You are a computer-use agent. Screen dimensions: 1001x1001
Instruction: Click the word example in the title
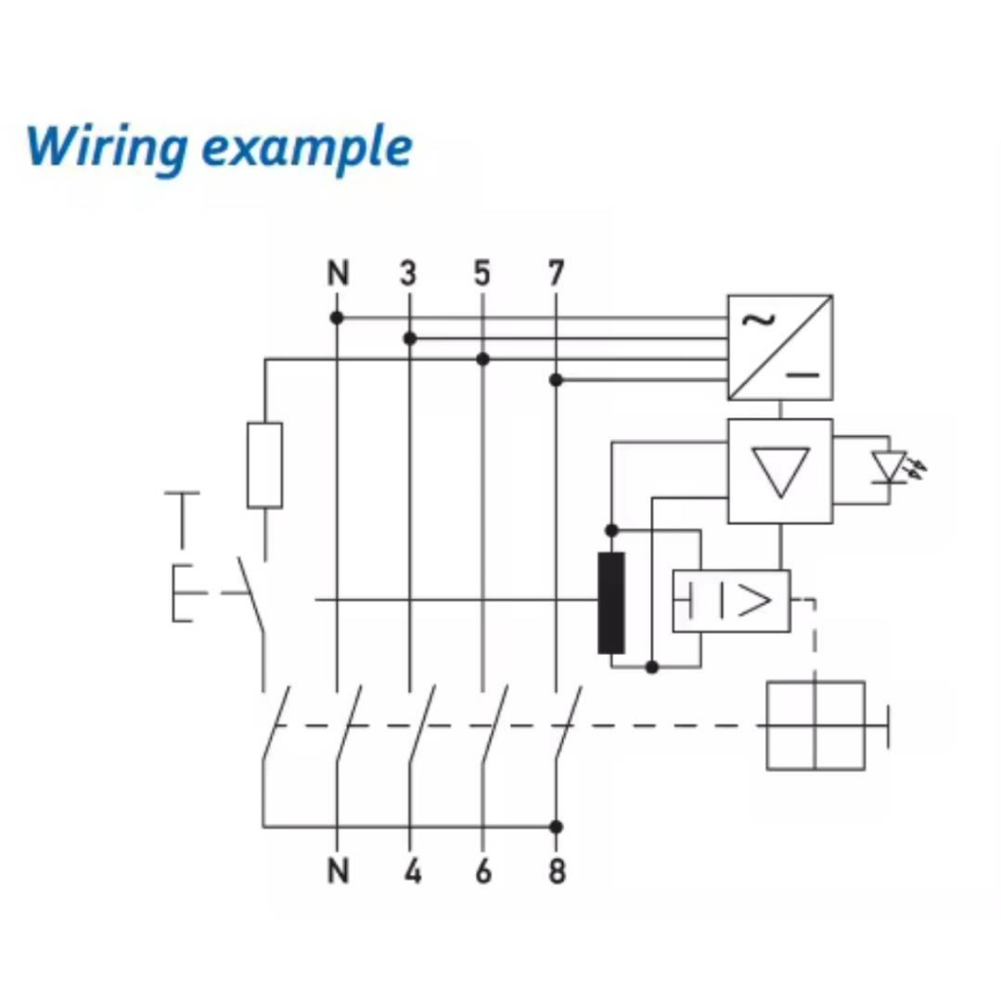point(307,149)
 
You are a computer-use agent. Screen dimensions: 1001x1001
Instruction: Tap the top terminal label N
point(337,274)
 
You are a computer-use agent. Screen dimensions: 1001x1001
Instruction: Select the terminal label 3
point(409,274)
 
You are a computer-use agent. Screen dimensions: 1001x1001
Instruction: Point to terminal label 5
point(482,274)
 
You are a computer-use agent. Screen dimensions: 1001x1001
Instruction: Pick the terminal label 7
point(555,274)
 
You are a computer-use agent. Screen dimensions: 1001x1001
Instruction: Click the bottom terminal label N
point(337,870)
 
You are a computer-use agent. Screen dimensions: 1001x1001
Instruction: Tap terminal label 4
point(412,870)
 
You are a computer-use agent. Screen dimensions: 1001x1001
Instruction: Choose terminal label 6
point(483,870)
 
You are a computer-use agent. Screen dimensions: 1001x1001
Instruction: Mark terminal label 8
point(556,870)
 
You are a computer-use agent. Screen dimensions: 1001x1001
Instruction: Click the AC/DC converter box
point(780,347)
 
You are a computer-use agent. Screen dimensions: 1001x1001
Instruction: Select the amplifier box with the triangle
point(780,471)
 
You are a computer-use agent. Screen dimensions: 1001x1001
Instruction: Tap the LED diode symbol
point(890,467)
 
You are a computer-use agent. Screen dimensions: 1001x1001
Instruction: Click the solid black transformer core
point(611,602)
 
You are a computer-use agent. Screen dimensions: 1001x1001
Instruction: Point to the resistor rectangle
point(265,465)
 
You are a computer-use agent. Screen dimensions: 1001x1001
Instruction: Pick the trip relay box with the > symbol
point(731,600)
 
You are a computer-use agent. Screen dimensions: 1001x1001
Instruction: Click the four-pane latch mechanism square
point(815,725)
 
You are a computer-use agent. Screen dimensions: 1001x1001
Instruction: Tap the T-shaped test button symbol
point(182,518)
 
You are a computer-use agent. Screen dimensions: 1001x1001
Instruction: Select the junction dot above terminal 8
point(556,827)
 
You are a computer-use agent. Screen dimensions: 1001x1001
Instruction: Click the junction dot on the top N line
point(336,318)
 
